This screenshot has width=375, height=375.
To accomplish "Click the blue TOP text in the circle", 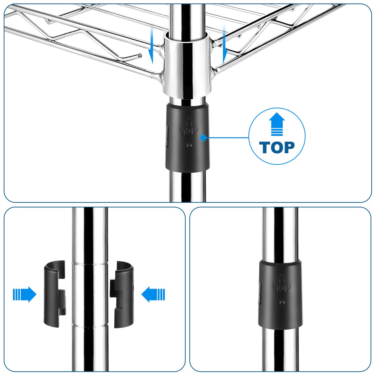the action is pyautogui.click(x=277, y=147).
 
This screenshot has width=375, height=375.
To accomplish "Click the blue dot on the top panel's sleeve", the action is pyautogui.click(x=203, y=138).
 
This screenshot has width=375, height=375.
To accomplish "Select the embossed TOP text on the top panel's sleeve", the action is pyautogui.click(x=189, y=131).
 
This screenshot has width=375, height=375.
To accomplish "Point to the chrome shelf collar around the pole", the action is pyautogui.click(x=187, y=65).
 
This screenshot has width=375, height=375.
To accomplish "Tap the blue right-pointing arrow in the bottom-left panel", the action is pyautogui.click(x=24, y=294).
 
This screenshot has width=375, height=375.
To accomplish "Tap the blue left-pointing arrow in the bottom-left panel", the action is pyautogui.click(x=153, y=294).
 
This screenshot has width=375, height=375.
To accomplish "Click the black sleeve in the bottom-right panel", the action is pyautogui.click(x=280, y=294).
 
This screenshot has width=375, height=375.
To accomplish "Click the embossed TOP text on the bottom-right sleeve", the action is pyautogui.click(x=282, y=288).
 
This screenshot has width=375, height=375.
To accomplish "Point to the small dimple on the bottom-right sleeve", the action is pyautogui.click(x=282, y=302).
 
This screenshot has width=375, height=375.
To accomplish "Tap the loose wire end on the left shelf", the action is pyautogui.click(x=140, y=56).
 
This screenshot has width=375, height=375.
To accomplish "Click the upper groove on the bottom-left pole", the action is pyautogui.click(x=90, y=264).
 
